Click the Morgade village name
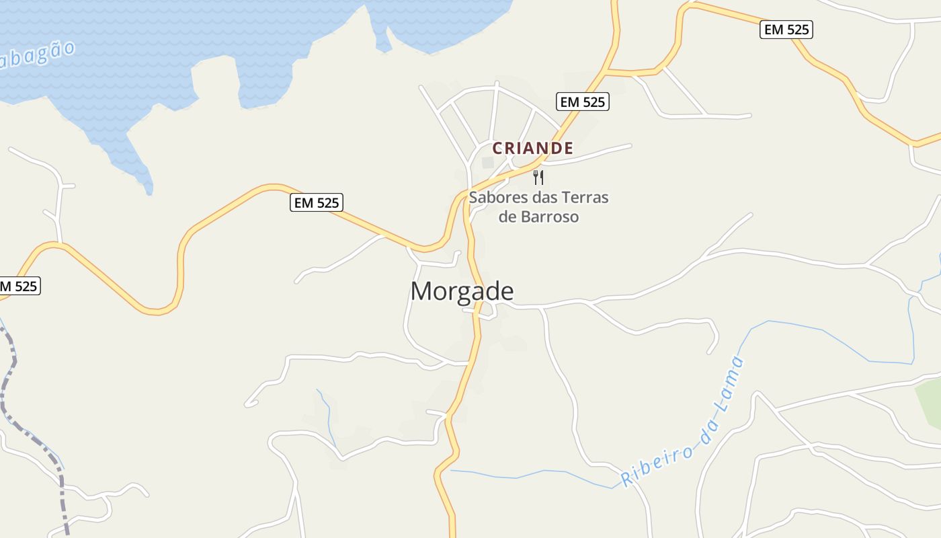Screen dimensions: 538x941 coord(462,291)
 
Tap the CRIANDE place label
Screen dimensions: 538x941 coord(532,148)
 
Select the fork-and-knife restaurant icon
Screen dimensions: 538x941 coord(538,178)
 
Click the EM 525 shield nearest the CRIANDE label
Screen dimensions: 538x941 coord(583,102)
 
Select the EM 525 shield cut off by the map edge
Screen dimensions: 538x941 coord(18,286)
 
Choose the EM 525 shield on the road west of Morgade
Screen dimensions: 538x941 coord(317,202)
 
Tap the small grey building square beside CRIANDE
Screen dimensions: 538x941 coord(488,163)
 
